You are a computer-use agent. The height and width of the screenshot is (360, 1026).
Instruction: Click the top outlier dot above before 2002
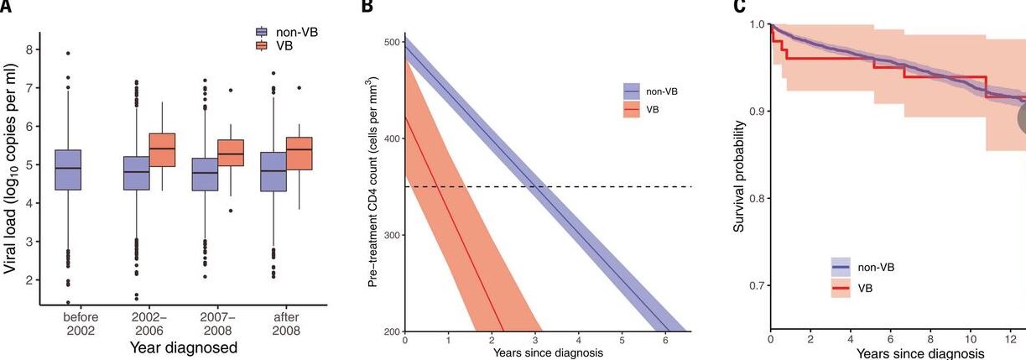pos(68,53)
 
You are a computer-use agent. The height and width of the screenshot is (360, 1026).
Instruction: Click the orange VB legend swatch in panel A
pos(261,45)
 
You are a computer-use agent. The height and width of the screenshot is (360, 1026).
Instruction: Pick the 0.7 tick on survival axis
pos(756,285)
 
